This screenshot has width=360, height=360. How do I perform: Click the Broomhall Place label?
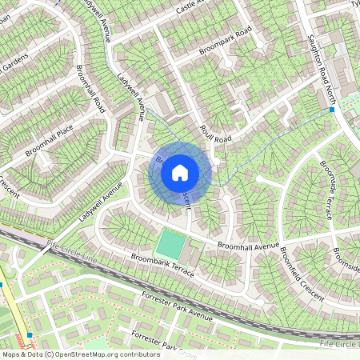49,140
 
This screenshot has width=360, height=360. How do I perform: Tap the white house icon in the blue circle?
180,173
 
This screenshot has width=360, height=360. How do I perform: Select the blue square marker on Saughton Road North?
331,110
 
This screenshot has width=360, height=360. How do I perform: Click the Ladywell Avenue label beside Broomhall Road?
129,96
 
